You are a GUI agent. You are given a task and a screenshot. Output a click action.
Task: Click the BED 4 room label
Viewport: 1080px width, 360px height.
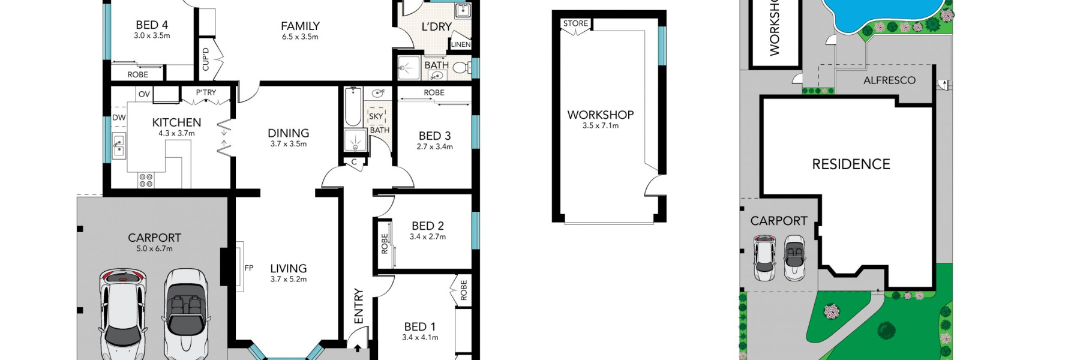pos(152,25)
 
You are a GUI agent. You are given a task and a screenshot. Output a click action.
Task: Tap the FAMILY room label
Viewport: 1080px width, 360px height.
pos(300,26)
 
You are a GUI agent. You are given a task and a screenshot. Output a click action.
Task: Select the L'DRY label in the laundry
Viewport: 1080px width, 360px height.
pos(436,27)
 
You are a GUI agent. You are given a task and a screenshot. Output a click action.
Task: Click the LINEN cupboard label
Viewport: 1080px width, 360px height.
pos(461,44)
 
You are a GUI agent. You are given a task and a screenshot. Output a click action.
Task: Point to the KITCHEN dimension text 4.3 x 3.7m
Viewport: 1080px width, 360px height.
pos(176,133)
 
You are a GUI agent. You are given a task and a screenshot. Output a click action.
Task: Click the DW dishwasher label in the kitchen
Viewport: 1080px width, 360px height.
pos(119,118)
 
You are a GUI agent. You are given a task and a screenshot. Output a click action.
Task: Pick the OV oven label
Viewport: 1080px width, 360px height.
pos(144,94)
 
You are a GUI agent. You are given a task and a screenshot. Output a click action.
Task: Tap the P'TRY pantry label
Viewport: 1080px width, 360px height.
pos(206,92)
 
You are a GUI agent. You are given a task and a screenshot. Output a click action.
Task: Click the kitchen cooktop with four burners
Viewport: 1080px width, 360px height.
pos(146,179)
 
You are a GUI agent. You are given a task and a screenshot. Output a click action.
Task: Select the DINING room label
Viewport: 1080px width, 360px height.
pos(289,133)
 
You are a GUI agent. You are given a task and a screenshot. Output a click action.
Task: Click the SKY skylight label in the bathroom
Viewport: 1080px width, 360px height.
pos(376,116)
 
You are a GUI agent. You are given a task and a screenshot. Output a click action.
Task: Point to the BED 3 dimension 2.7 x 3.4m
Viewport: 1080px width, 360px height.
pos(435,146)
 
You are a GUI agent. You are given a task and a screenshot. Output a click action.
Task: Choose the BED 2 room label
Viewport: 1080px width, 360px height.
pos(428,226)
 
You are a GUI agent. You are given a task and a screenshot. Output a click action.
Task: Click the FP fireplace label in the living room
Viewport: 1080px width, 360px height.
pos(249,268)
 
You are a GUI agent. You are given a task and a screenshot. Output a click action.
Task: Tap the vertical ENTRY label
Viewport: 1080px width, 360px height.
pos(359,306)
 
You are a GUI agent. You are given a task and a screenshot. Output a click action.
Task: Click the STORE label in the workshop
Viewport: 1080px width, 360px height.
pos(575,24)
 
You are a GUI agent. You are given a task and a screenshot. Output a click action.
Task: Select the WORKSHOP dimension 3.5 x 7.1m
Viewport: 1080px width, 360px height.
pos(600,126)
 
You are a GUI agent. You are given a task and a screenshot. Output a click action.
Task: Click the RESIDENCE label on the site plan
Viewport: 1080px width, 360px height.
pos(851,164)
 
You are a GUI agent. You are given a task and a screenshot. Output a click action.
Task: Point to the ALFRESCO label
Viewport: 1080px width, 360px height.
pos(889,80)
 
